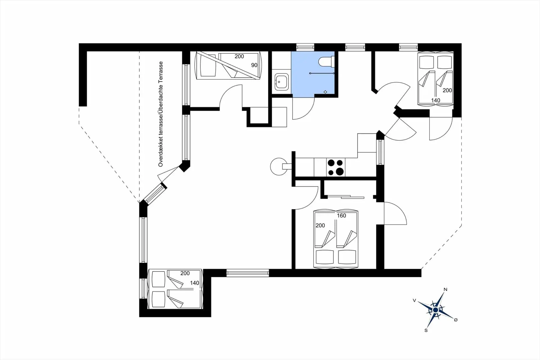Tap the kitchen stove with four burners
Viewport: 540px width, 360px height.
pyautogui.click(x=336, y=167)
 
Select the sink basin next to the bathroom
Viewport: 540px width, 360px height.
pyautogui.click(x=282, y=82)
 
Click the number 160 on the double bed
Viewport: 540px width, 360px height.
pyautogui.click(x=341, y=216)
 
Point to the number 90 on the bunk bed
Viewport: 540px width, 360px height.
pyautogui.click(x=254, y=65)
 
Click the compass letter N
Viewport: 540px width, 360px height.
pyautogui.click(x=445, y=289)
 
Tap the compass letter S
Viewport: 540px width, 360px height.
pyautogui.click(x=426, y=330)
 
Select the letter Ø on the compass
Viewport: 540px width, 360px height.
pyautogui.click(x=456, y=320)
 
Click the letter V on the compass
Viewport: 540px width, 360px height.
pyautogui.click(x=414, y=301)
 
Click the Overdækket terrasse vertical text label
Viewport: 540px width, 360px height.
pyautogui.click(x=161, y=114)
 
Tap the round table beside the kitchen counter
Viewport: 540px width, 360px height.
pyautogui.click(x=278, y=166)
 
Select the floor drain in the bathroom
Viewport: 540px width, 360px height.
pyautogui.click(x=325, y=92)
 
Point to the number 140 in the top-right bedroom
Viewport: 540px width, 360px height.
pyautogui.click(x=435, y=100)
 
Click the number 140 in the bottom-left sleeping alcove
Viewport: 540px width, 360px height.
pyautogui.click(x=194, y=283)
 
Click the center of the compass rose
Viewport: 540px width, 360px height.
pyautogui.click(x=435, y=310)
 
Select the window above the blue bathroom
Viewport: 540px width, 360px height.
pyautogui.click(x=305, y=47)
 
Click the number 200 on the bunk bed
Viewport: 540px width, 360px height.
pyautogui.click(x=239, y=56)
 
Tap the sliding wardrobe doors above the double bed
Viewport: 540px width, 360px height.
pyautogui.click(x=346, y=197)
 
